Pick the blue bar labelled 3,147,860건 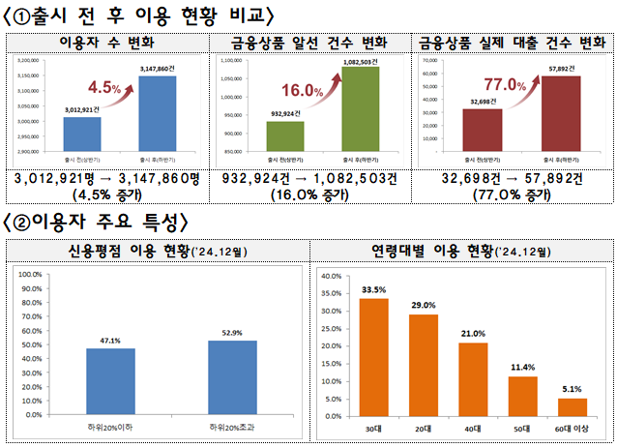coord(158,113)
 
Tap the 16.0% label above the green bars coord(302,90)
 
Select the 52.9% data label coord(231,332)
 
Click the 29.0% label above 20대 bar coord(423,306)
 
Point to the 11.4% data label coord(522,368)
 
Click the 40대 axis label coord(473,428)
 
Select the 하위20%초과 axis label coord(231,427)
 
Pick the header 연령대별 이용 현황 coord(461,251)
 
